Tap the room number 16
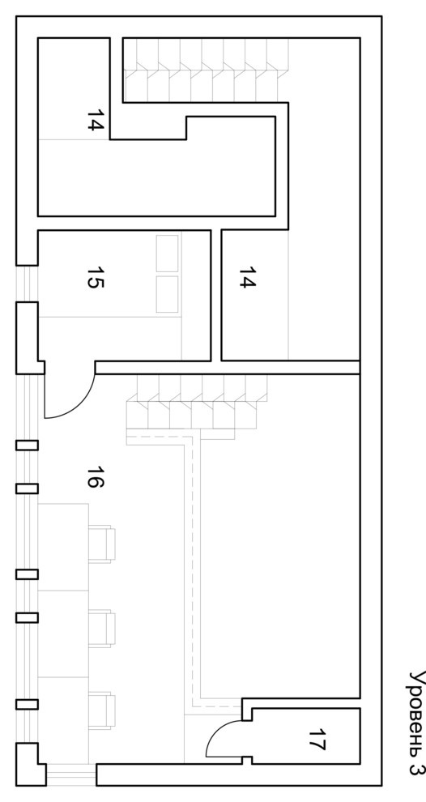[x=95, y=476]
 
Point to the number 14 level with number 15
[x=247, y=277]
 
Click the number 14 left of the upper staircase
[x=95, y=120]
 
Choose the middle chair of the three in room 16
[x=102, y=629]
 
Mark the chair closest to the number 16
[x=102, y=544]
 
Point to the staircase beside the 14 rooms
[x=206, y=70]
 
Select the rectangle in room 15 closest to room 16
[x=167, y=294]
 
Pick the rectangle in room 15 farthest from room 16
[x=167, y=254]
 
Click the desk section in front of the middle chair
[x=63, y=633]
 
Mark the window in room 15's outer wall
[x=27, y=284]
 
